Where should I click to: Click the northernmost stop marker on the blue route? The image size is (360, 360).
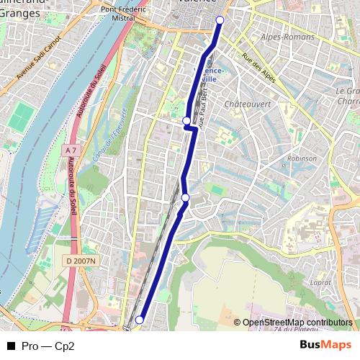click(220, 20)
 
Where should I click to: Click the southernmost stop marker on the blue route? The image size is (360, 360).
click(140, 320)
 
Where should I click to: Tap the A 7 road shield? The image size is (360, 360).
click(69, 150)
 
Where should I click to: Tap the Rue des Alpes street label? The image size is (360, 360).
click(259, 68)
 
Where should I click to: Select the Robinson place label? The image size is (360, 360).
click(301, 158)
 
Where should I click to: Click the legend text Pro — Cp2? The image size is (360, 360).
click(48, 345)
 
